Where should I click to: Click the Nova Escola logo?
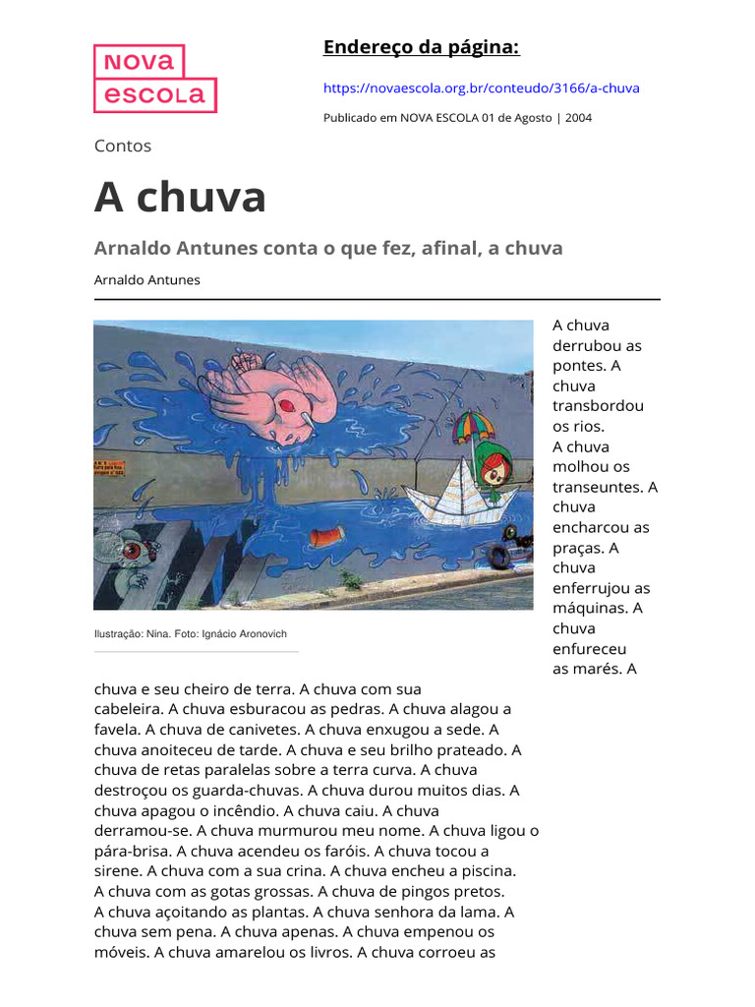coord(155,79)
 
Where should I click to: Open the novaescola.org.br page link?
coord(481,89)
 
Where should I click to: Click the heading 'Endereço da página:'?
coord(421,48)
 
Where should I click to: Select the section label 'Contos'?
coord(123,146)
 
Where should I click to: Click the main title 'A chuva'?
coord(180,197)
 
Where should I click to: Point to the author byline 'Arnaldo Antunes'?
coord(146,280)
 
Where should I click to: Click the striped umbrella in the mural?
coord(473,425)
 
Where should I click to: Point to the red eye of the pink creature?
coord(285,404)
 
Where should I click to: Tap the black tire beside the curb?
coord(498,558)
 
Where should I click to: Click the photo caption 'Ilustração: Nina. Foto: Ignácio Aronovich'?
coord(191,634)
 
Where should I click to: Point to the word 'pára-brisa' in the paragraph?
coord(132,851)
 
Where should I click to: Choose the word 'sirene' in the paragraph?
coord(118,871)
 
